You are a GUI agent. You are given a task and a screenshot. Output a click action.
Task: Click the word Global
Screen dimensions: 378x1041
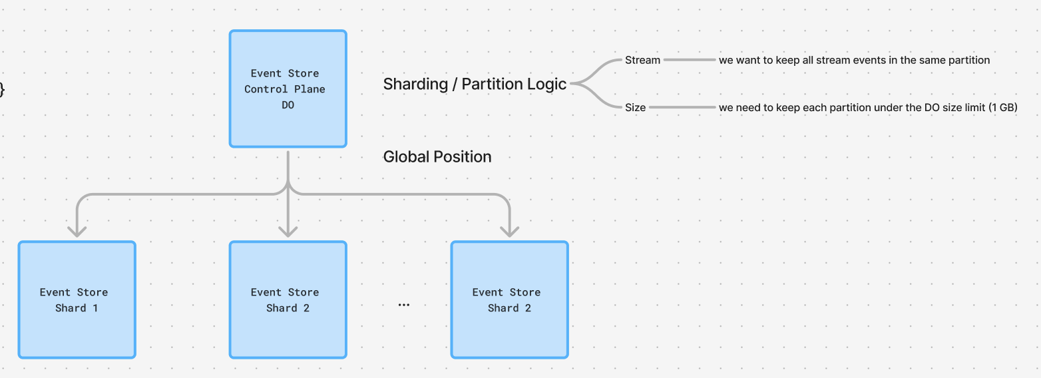(x=406, y=157)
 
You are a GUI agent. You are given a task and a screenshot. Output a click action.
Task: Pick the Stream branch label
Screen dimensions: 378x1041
(x=642, y=60)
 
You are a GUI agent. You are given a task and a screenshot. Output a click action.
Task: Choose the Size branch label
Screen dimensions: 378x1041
(x=635, y=107)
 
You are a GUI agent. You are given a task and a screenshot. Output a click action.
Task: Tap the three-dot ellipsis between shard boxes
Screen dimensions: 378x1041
(x=403, y=305)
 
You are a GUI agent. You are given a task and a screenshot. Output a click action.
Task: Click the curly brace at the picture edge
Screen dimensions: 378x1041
(x=2, y=89)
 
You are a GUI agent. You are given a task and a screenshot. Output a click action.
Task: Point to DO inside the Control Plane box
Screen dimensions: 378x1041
(x=288, y=105)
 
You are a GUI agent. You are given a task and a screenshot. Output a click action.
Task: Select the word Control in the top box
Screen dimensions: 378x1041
(x=266, y=89)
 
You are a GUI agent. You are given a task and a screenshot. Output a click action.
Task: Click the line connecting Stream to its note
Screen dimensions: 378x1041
(x=689, y=60)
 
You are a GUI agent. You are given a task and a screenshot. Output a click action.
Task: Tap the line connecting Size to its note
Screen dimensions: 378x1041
(x=682, y=107)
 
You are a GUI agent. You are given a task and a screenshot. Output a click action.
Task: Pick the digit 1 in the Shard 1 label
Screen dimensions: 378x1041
(x=95, y=308)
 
